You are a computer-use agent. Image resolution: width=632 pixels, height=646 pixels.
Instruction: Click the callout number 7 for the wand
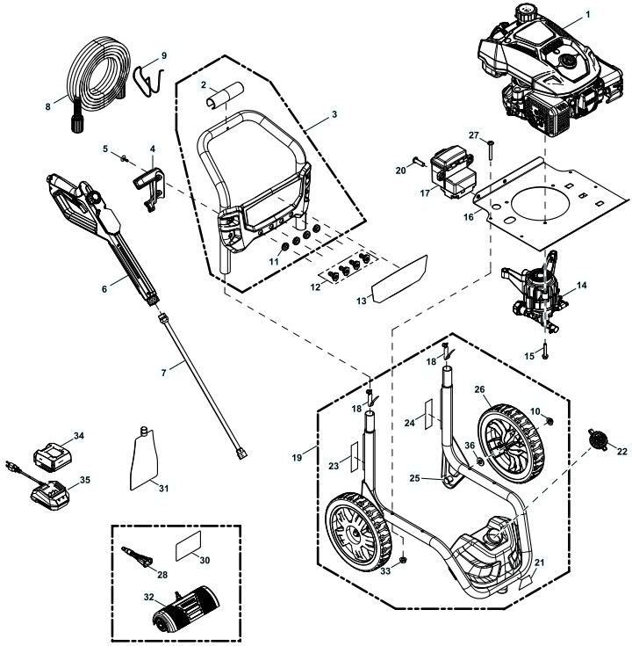163,374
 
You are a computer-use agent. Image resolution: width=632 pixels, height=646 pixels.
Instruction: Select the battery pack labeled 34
53,457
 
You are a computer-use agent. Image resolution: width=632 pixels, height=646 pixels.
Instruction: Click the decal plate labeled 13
398,274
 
